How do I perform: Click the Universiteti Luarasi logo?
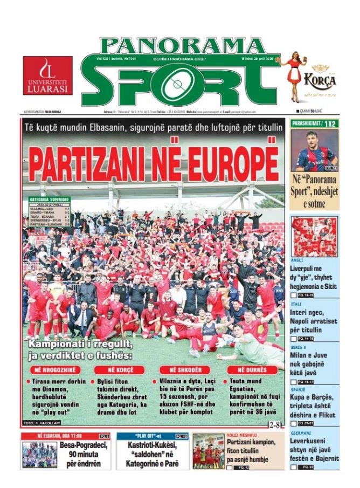pos(47,76)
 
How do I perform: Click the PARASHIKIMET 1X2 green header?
pos(315,123)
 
